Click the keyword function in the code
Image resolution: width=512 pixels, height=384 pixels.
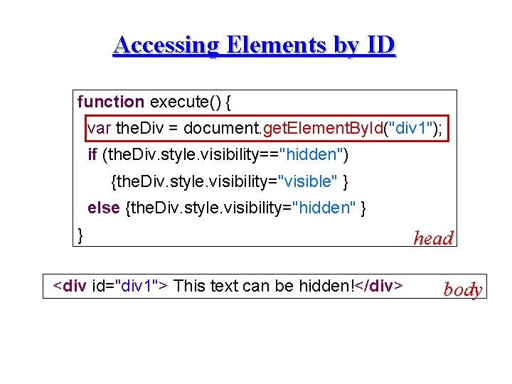click(x=111, y=102)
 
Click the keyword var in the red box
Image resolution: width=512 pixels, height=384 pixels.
click(x=99, y=128)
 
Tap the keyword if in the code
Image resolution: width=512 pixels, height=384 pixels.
click(x=92, y=154)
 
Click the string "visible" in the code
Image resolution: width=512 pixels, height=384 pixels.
click(x=308, y=181)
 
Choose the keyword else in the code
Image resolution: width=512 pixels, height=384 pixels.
click(x=104, y=208)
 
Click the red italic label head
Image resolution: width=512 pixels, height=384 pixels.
click(x=433, y=238)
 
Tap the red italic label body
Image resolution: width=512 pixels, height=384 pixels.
click(x=463, y=289)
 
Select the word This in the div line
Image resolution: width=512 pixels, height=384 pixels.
click(x=189, y=286)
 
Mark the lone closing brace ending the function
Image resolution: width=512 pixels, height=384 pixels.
click(x=80, y=234)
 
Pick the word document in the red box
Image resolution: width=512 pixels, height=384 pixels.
click(x=225, y=128)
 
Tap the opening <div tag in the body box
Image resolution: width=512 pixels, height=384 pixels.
click(x=71, y=286)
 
